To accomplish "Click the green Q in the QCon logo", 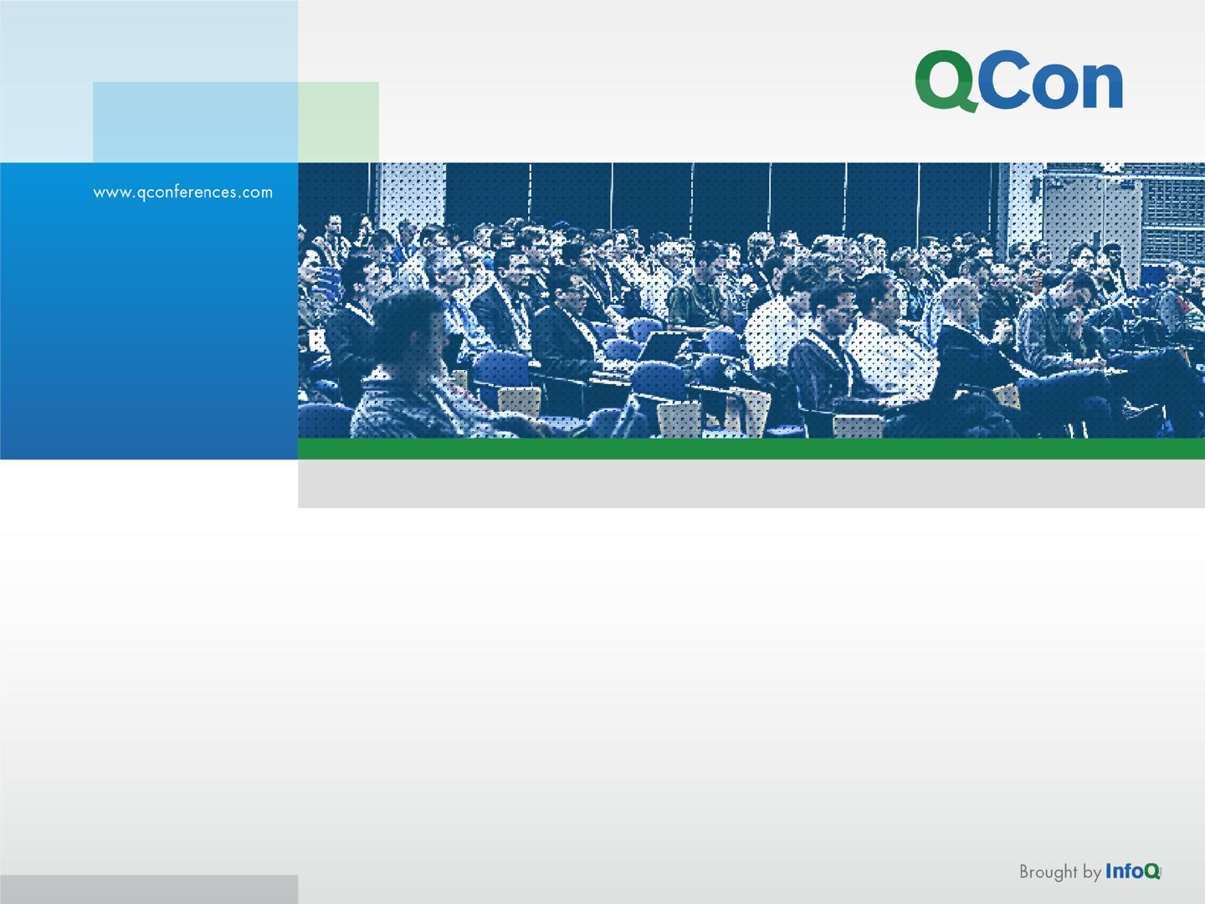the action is pyautogui.click(x=946, y=80).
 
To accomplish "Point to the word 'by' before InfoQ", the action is pyautogui.click(x=1092, y=872).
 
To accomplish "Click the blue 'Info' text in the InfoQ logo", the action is pyautogui.click(x=1125, y=871).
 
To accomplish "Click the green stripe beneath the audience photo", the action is pyautogui.click(x=751, y=449).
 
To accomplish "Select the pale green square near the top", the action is pyautogui.click(x=338, y=122).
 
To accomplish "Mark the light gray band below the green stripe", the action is pyautogui.click(x=751, y=484).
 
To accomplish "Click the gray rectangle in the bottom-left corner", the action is pyautogui.click(x=149, y=889).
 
